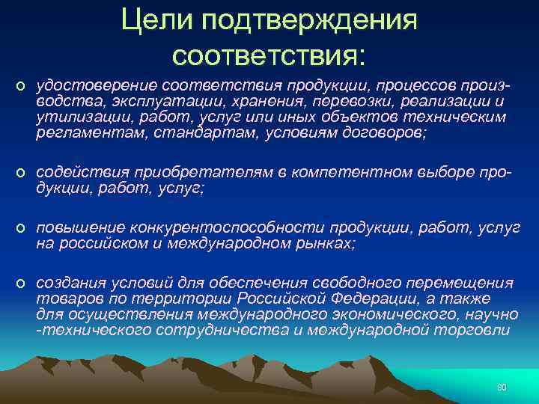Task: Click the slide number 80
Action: tap(502, 388)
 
